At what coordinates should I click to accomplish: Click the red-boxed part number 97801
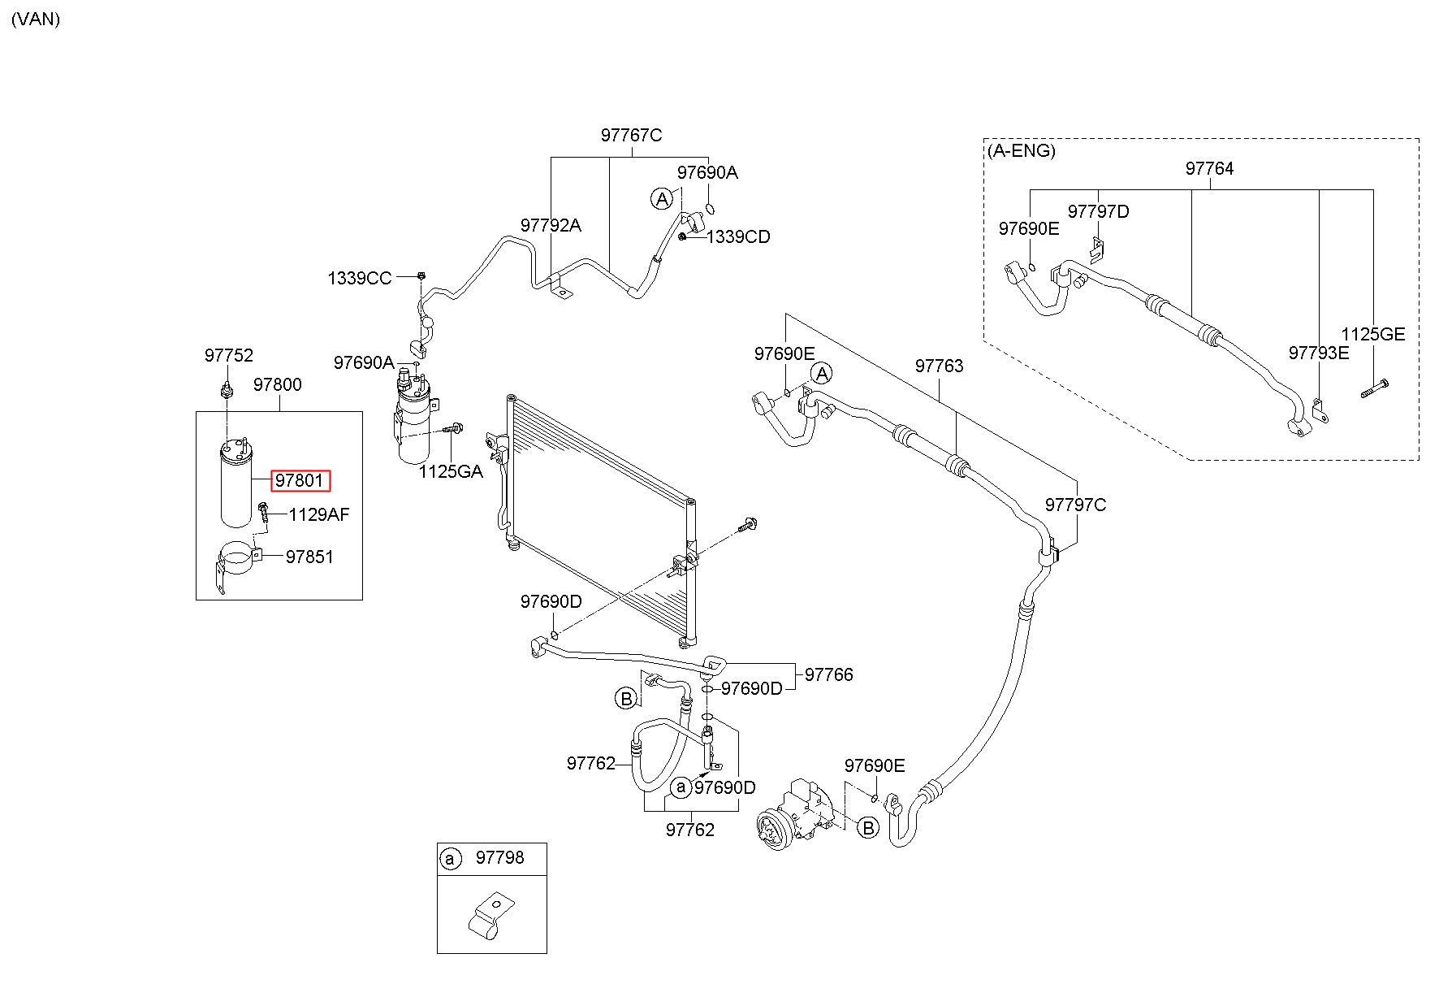click(x=299, y=480)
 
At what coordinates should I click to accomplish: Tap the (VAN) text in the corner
click(x=36, y=19)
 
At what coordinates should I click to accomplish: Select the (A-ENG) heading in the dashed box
click(x=1022, y=150)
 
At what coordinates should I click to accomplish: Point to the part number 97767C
click(x=632, y=135)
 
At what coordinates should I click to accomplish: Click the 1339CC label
click(x=360, y=278)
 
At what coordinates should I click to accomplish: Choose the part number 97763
click(x=940, y=366)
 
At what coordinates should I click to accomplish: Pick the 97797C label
click(x=1076, y=505)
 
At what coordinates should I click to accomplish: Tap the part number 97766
click(x=829, y=674)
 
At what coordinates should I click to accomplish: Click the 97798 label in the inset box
click(x=500, y=857)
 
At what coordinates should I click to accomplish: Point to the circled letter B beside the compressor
click(x=869, y=828)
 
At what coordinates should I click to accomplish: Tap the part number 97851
click(x=309, y=557)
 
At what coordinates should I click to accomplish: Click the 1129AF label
click(x=319, y=514)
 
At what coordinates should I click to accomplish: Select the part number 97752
click(x=229, y=355)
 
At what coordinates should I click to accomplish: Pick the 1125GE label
click(x=1372, y=334)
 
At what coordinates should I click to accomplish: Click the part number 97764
click(x=1209, y=168)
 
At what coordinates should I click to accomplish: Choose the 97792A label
click(x=551, y=225)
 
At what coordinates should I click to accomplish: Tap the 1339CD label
click(x=738, y=236)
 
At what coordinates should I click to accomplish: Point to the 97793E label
click(x=1319, y=353)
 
